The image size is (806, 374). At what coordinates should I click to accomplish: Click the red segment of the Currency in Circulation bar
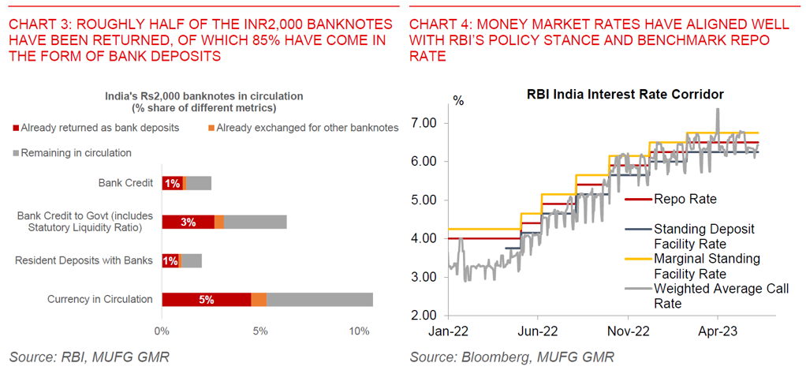point(207,299)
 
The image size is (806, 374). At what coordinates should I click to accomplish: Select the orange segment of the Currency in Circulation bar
point(259,299)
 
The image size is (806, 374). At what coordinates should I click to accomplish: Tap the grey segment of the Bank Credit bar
point(199,183)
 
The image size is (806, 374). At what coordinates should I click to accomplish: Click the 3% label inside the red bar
point(188,222)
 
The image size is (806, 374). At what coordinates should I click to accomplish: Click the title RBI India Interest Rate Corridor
point(625,95)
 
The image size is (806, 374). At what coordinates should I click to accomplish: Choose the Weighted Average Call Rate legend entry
point(720,296)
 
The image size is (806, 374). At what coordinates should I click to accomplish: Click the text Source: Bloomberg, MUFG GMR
point(512,357)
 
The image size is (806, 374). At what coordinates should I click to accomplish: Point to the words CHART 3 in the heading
point(35,24)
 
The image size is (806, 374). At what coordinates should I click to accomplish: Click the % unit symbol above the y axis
point(458,101)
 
